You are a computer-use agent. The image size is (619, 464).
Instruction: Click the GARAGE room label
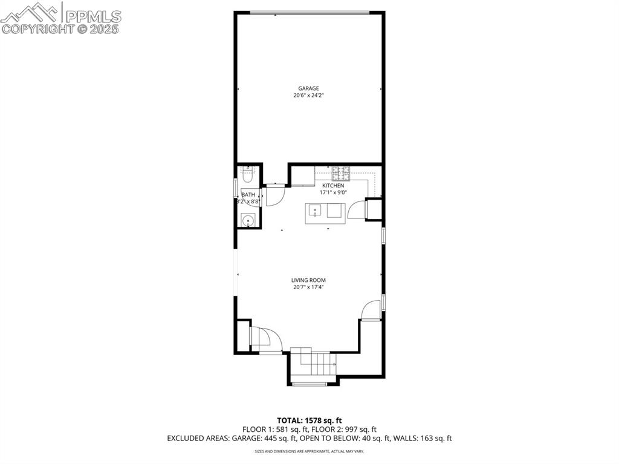(x=308, y=88)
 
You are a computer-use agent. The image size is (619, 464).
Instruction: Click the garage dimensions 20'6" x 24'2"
(x=308, y=96)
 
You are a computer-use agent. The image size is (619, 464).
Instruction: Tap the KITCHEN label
(x=333, y=185)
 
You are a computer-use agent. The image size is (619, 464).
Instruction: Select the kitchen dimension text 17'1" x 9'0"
(x=333, y=192)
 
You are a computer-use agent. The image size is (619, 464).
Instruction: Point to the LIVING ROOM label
(x=308, y=280)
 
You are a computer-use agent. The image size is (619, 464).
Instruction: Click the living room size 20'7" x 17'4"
(x=308, y=287)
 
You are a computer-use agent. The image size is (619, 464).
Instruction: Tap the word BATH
(x=248, y=194)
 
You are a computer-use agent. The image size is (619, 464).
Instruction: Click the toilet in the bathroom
(x=247, y=175)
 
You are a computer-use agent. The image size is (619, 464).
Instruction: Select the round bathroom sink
(x=247, y=221)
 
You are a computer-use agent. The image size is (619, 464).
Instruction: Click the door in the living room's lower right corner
(x=371, y=311)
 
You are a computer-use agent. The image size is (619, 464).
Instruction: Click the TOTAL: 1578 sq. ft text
(x=309, y=420)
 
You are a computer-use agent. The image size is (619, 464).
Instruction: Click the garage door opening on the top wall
(x=309, y=13)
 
